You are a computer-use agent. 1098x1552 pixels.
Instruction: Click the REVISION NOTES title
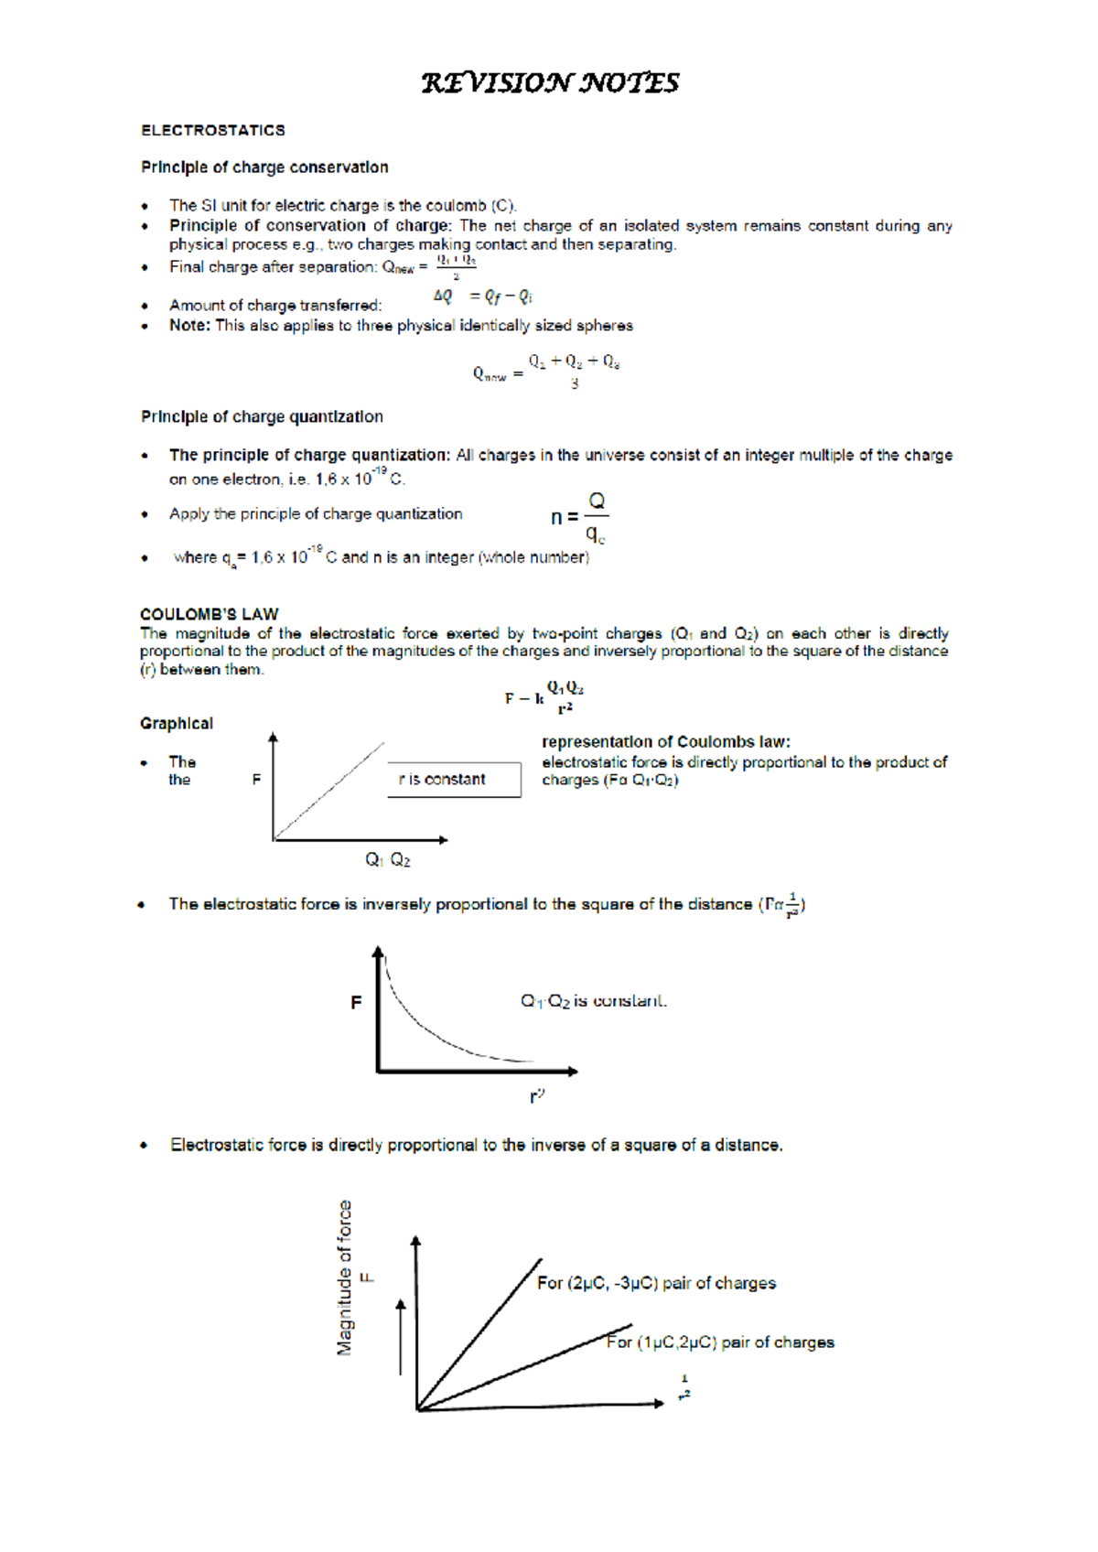[549, 83]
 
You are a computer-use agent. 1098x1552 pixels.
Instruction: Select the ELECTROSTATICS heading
[212, 130]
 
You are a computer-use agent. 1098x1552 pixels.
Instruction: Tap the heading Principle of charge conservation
[264, 167]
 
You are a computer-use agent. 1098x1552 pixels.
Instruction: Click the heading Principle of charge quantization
[262, 416]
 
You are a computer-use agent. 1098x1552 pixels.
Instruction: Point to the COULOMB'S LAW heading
[209, 614]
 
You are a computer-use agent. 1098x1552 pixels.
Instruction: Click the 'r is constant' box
[454, 780]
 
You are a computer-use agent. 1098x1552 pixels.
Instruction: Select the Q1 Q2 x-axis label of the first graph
[388, 859]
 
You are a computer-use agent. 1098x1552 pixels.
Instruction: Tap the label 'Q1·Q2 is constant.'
[594, 1001]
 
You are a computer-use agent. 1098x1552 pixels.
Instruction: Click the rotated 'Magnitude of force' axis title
[345, 1277]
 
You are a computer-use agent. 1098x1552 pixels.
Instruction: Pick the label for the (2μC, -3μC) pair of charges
[656, 1283]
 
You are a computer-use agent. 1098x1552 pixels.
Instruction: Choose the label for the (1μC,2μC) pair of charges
[721, 1342]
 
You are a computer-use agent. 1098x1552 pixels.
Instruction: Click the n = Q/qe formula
[579, 518]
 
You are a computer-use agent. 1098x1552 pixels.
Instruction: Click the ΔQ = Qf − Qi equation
[482, 296]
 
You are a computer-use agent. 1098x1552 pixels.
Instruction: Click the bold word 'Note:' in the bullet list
[189, 325]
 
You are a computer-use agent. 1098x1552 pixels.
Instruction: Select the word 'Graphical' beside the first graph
[177, 724]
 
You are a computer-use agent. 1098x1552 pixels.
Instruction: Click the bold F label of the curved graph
[356, 1003]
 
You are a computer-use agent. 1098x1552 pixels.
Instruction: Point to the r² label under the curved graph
[537, 1095]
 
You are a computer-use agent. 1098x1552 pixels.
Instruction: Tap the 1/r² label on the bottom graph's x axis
[684, 1387]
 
